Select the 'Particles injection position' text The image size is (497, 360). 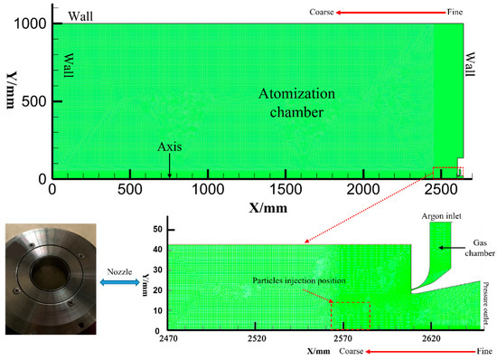[x=303, y=281]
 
